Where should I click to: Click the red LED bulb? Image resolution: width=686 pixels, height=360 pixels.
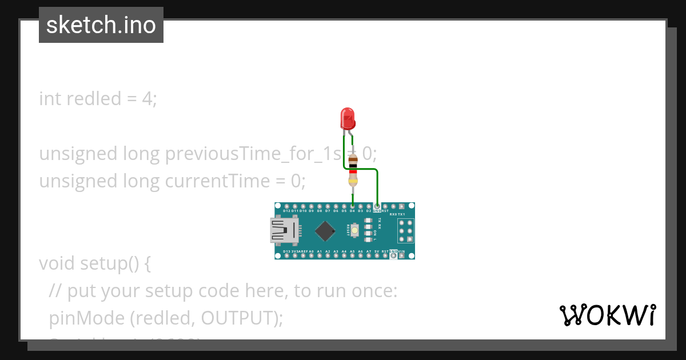(x=348, y=118)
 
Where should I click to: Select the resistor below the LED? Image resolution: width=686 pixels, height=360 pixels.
(x=353, y=170)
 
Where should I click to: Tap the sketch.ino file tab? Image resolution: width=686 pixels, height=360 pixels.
(x=101, y=25)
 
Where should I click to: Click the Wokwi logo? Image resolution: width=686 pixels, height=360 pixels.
(x=607, y=315)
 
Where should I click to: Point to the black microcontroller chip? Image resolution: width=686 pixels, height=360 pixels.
(x=325, y=230)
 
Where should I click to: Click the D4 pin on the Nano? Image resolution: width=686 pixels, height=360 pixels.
(x=352, y=206)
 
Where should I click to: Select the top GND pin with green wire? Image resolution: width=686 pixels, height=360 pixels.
(x=377, y=206)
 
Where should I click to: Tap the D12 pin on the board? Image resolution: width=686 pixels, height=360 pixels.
(x=286, y=206)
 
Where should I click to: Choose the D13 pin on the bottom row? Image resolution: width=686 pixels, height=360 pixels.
(x=286, y=255)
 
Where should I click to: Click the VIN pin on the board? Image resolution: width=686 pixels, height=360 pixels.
(x=402, y=255)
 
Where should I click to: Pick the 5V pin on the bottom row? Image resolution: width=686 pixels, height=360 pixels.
(x=377, y=255)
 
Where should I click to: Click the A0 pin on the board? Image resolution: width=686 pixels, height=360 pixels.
(x=311, y=255)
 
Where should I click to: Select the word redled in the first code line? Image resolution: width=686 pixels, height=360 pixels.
(x=94, y=99)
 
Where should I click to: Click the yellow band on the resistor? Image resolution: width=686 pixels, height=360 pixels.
(x=353, y=182)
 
